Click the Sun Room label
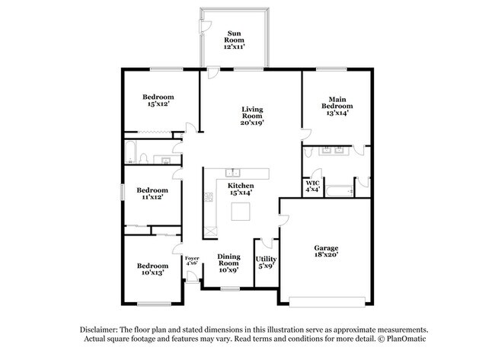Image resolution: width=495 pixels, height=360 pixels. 234,40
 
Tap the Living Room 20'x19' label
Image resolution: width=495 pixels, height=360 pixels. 251,115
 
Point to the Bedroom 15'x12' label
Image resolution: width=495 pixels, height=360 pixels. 158,100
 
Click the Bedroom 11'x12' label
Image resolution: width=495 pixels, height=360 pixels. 152,193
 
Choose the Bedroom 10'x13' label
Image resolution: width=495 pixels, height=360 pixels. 152,269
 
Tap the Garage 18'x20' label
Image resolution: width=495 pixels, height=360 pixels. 326,252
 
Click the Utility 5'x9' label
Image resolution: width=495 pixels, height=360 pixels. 266,262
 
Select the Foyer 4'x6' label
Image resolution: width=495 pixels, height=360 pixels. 192,262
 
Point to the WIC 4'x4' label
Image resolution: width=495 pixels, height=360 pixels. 312,186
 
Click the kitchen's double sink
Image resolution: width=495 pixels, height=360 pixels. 233,171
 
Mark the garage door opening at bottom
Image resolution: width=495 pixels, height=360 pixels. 329,297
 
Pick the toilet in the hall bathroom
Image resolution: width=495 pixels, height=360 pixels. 142,160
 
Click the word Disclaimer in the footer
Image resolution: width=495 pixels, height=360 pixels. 99,328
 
